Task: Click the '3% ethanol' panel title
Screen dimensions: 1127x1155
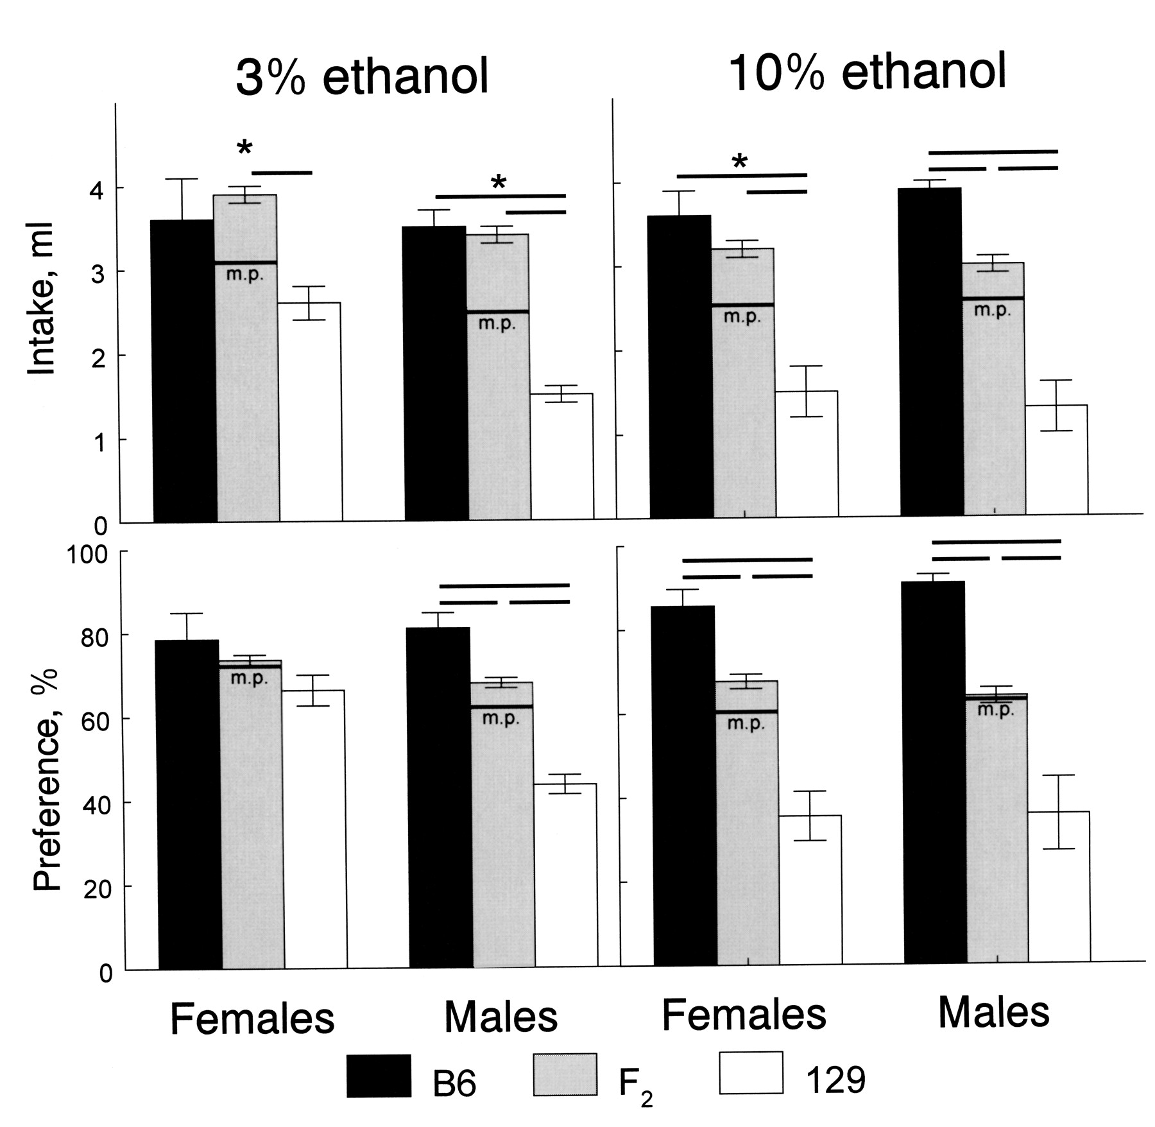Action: click(x=362, y=77)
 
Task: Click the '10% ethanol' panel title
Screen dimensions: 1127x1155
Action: click(x=868, y=73)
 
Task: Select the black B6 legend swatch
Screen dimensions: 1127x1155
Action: click(x=379, y=1075)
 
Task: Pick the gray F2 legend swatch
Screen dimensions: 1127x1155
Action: click(x=565, y=1074)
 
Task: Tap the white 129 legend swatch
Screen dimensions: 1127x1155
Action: click(x=751, y=1072)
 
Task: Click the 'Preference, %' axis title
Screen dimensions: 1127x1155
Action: click(x=46, y=780)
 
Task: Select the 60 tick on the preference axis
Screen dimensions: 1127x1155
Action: click(x=94, y=719)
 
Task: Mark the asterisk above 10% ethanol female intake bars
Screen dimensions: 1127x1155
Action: click(x=740, y=162)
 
